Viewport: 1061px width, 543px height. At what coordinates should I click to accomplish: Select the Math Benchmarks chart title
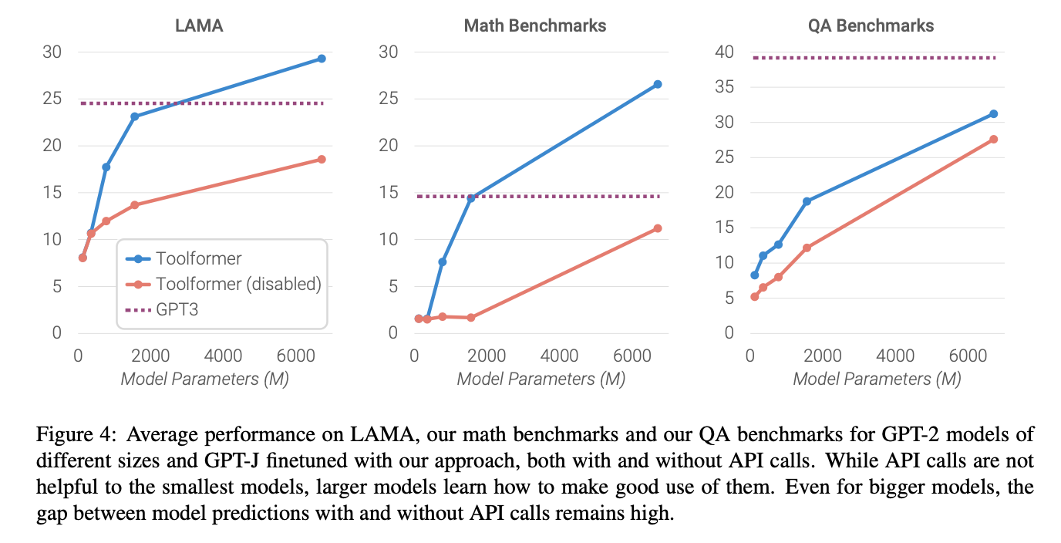[x=535, y=25]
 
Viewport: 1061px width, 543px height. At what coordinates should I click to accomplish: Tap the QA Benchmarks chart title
[x=871, y=25]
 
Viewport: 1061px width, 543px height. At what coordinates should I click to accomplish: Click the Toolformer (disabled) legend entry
[x=238, y=284]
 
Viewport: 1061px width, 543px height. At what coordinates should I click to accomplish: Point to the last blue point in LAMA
[x=322, y=59]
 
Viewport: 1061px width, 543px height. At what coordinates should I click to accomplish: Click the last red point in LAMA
[x=322, y=160]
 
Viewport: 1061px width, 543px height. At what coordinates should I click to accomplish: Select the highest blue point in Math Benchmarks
[x=658, y=84]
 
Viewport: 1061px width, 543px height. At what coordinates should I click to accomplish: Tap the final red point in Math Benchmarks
[x=658, y=228]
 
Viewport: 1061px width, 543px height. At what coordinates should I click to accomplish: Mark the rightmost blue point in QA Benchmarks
[x=993, y=114]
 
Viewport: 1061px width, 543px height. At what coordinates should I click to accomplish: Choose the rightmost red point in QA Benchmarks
[x=993, y=140]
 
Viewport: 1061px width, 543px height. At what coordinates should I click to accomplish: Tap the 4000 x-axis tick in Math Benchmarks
[x=559, y=356]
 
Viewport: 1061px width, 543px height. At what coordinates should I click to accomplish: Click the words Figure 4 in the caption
[x=68, y=434]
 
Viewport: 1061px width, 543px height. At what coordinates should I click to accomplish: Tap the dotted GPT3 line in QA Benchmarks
[x=871, y=58]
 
